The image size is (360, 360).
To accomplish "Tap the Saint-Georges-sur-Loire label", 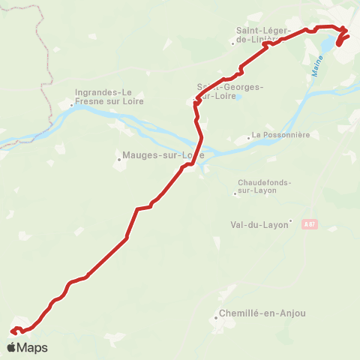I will pos(230,91).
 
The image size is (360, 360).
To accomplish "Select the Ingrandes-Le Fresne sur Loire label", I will pos(109,97).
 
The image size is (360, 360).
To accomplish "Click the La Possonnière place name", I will pos(280,135).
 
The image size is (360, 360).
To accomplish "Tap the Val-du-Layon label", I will pos(259,223).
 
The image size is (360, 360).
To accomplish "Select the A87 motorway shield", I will pos(309,223).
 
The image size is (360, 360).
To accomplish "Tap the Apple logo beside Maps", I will pos(11,347).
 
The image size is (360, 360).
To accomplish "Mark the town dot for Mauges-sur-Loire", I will pos(118,157).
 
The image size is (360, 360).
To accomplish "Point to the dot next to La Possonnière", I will pos(249,138).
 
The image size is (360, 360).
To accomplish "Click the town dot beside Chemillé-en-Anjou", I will pos(215,318).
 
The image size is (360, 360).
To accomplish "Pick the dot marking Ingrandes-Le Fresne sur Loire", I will pos(72,105).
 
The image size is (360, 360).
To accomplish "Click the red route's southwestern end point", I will pos(13,330).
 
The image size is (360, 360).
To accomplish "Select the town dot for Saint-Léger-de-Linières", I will pos(232,42).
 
